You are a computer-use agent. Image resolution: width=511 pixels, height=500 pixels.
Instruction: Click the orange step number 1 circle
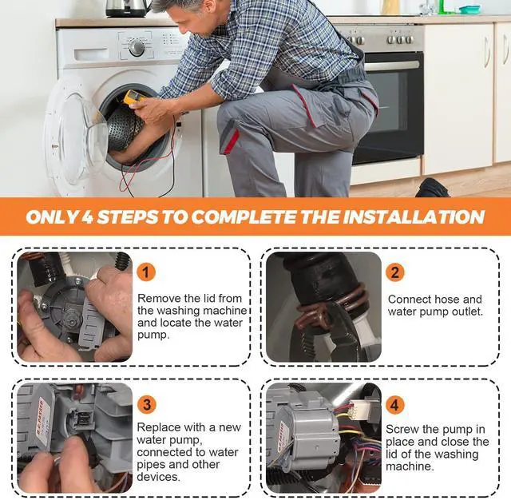(146, 272)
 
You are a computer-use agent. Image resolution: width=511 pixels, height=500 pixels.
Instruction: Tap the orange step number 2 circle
(395, 272)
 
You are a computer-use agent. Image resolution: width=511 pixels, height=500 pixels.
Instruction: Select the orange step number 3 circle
(147, 404)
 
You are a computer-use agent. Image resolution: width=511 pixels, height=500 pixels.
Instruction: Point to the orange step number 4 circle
(395, 405)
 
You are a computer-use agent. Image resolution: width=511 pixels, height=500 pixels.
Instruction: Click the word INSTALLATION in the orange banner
(414, 217)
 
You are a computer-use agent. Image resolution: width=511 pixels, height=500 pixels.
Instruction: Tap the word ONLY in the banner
(52, 217)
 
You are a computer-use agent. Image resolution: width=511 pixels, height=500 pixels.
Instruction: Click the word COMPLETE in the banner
(244, 217)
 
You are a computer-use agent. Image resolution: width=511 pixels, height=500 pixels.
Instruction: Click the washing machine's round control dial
(137, 48)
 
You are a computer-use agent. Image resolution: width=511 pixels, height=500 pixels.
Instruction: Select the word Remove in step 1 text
(159, 298)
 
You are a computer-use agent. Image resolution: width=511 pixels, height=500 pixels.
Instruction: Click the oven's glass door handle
(391, 65)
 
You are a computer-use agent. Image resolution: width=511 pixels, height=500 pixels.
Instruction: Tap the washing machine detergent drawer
(91, 54)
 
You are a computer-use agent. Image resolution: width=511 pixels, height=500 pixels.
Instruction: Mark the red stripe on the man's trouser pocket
(232, 141)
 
